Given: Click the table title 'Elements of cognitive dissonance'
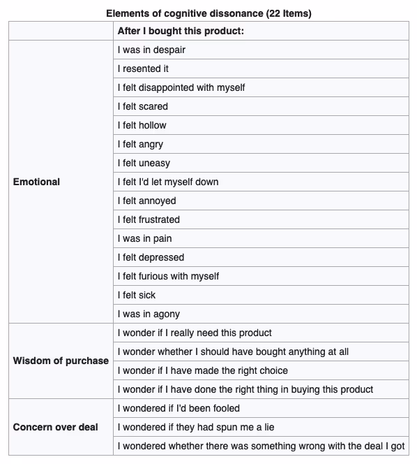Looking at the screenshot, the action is point(208,13).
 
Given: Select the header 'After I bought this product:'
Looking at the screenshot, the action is point(181,31).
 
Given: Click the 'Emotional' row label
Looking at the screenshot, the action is point(37,182).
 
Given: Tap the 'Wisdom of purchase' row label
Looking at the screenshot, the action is point(61,361).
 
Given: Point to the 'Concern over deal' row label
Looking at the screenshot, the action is point(56,427).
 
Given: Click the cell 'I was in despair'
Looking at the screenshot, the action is point(151,50).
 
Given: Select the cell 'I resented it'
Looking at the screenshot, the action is point(143,69).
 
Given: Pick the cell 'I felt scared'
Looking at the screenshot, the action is point(143,106).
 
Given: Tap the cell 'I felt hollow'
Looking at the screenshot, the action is point(142,125).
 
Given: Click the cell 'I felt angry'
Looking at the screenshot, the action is point(141,144).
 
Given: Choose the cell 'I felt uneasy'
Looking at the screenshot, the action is point(144,163).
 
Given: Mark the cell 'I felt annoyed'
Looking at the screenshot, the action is point(146,201).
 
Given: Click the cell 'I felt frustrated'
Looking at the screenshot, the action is point(149,219).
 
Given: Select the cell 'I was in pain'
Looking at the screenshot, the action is point(144,238).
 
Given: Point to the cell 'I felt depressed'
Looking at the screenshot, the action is point(151,257).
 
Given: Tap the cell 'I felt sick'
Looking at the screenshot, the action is point(137,295).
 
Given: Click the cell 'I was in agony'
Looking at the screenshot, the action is point(149,314).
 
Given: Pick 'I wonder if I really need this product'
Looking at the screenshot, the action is point(195,333).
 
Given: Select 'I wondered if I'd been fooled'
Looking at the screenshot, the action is point(179,408).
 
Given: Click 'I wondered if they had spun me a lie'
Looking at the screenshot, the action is point(192,427).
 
